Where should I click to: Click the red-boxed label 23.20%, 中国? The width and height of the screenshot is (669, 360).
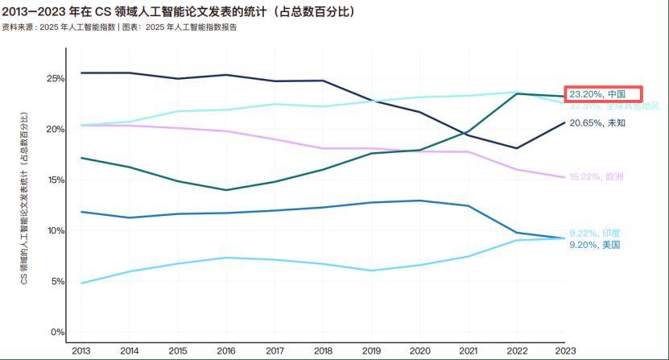601,93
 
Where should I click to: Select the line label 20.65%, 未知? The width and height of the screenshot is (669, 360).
597,123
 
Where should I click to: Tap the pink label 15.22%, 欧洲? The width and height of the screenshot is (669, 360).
597,176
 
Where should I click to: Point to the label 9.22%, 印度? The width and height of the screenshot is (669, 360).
595,233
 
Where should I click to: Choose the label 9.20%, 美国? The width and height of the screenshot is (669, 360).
595,244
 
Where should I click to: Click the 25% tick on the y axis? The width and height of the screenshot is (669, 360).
55,79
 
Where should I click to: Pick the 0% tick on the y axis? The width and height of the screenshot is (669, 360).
57,332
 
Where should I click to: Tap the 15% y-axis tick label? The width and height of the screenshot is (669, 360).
55,180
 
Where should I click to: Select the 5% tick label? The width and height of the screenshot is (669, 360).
57,281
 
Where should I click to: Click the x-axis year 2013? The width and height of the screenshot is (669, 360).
81,350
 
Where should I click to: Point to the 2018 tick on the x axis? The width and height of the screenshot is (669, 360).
323,350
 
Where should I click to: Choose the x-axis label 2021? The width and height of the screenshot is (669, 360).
468,350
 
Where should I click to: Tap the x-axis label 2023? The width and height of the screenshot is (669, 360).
564,350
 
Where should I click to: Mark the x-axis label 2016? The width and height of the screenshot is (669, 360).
226,350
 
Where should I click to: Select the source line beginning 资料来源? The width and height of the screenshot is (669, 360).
120,27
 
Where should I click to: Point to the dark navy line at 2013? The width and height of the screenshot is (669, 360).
81,73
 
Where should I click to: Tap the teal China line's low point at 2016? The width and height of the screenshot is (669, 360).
226,190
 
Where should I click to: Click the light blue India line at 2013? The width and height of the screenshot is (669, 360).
81,283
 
